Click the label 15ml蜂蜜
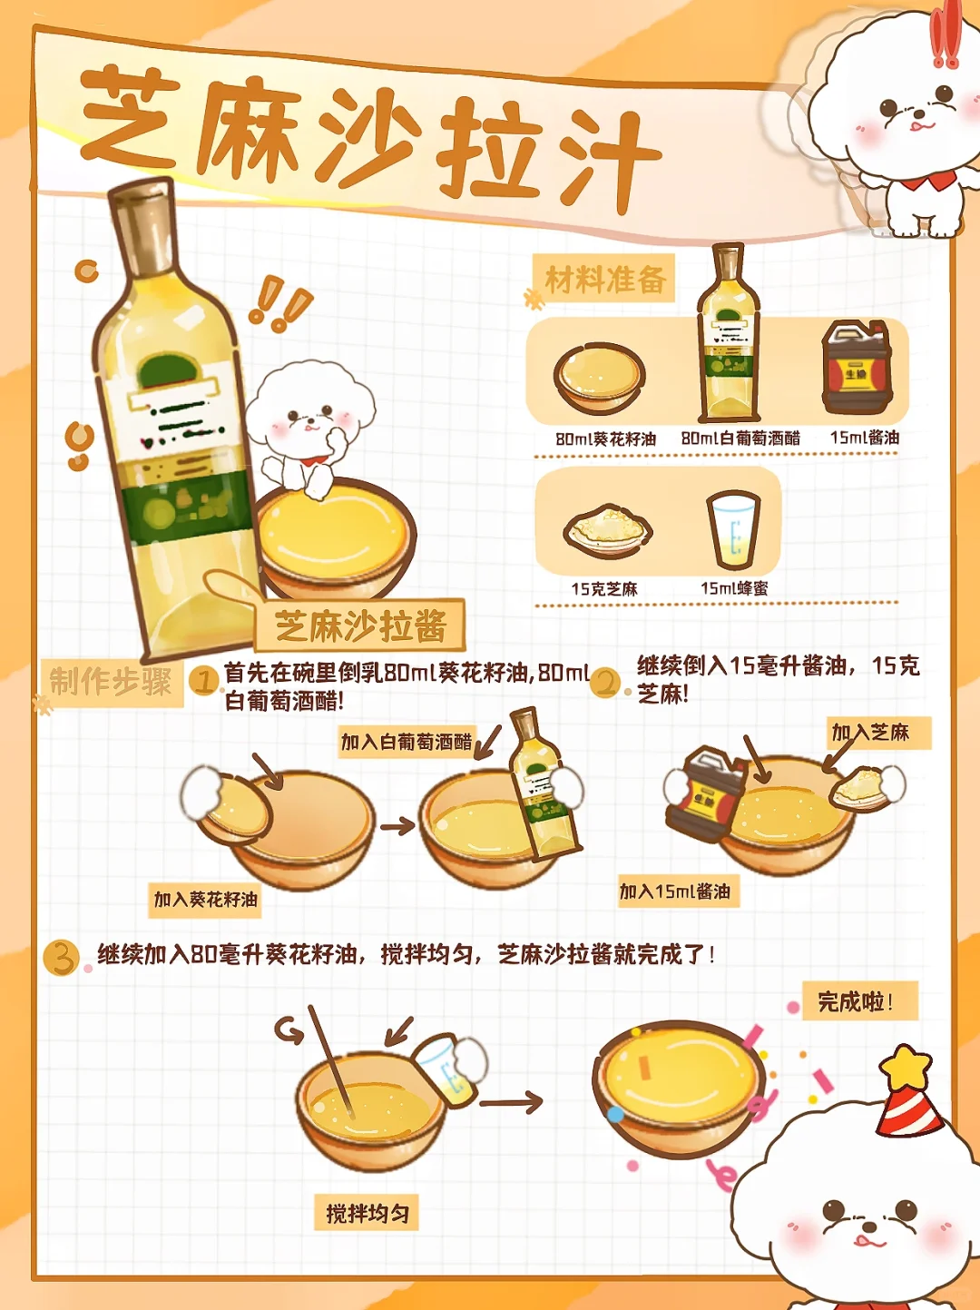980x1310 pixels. pyautogui.click(x=734, y=588)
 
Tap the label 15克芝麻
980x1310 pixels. pyautogui.click(x=604, y=590)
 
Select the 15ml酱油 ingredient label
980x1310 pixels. pyautogui.click(x=864, y=438)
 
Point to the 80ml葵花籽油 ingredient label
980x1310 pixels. pyautogui.click(x=605, y=439)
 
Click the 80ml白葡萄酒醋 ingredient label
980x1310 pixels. pyautogui.click(x=740, y=438)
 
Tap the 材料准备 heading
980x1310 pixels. pyautogui.click(x=605, y=280)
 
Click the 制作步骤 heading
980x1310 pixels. pyautogui.click(x=111, y=681)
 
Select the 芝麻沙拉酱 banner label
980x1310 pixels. pyautogui.click(x=360, y=626)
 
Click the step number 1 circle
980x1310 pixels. pyautogui.click(x=203, y=680)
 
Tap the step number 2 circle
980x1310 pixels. pyautogui.click(x=605, y=683)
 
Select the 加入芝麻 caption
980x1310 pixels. pyautogui.click(x=870, y=733)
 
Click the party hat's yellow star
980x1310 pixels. pyautogui.click(x=906, y=1067)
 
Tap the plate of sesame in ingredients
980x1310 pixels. pyautogui.click(x=608, y=529)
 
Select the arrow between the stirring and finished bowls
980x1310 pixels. pyautogui.click(x=511, y=1102)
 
